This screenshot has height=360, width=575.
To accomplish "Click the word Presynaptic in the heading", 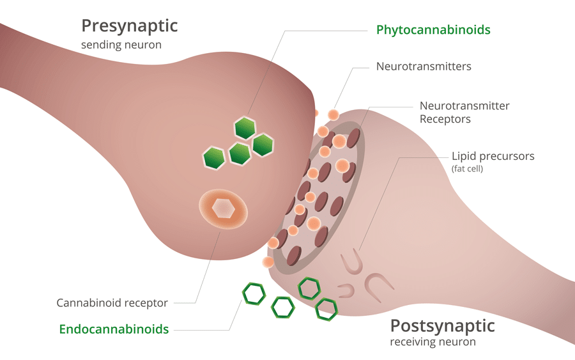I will pos(129,26).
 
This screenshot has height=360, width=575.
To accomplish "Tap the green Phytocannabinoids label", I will pos(433,30).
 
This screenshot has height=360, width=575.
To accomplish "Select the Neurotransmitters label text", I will pos(424,66).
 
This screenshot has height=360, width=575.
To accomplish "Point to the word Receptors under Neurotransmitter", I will pos(445,119).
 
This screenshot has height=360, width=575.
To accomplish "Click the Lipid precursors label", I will pos(493,156).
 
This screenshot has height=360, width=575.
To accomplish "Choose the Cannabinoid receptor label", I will pos(112,302).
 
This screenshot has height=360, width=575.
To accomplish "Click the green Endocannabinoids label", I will pos(114,329).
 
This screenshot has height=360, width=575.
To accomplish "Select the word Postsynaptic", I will pos(442,325).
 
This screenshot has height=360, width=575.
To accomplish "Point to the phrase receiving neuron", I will pos(433,342).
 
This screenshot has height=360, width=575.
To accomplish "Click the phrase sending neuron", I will pos(121,45).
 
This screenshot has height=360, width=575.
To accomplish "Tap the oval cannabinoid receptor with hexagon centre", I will pos(222,208).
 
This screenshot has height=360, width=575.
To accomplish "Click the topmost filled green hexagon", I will pos(245,128).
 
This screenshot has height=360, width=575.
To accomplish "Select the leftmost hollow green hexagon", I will pos(254,293).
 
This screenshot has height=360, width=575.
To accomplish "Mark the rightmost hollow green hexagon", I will pos(326,309).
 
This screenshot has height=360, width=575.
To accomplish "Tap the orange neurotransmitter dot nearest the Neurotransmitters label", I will pos(333,114).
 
